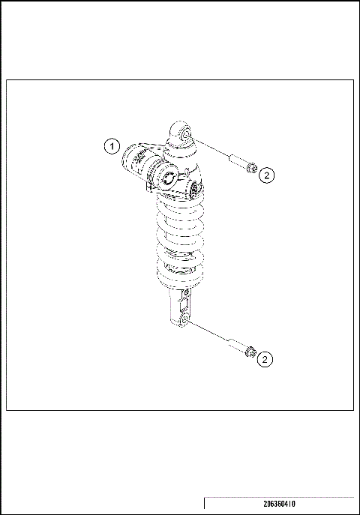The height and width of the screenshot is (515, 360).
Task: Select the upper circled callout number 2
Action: (267, 175)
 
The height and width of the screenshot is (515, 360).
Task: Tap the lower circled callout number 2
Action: (264, 360)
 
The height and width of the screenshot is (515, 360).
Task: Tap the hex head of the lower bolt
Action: (251, 351)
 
